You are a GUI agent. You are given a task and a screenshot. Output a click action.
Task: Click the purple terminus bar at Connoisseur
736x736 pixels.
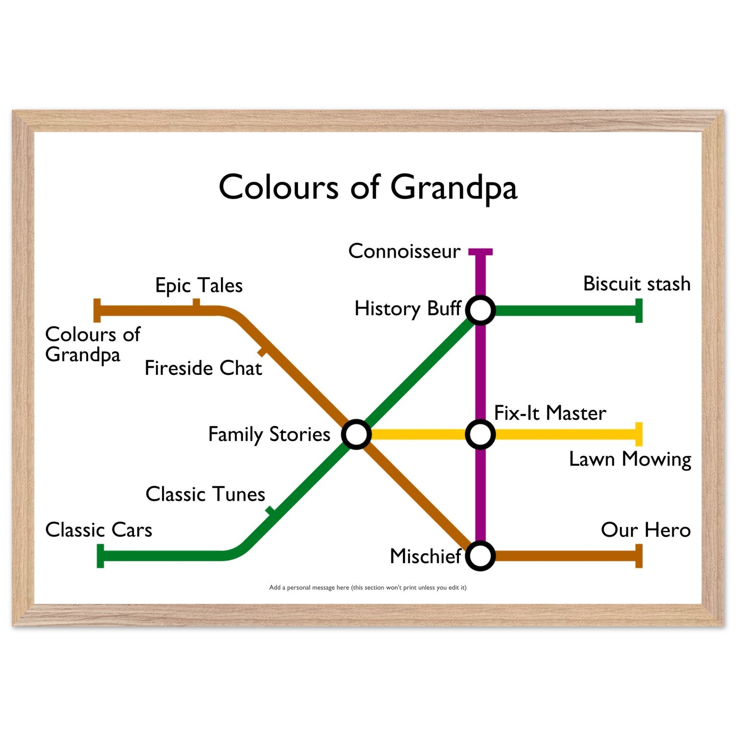(480, 252)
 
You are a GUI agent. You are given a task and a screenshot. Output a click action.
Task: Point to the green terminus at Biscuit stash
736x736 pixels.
(639, 311)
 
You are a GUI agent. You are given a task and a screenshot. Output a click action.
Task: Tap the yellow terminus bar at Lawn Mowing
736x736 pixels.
(639, 434)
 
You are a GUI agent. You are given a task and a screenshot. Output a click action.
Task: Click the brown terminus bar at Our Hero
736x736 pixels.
(639, 556)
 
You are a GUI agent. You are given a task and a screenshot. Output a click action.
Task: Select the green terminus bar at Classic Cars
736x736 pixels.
(100, 556)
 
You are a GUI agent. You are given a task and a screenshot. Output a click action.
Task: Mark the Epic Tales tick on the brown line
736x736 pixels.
(196, 303)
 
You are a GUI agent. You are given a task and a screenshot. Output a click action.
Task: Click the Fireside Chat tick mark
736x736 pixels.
(262, 352)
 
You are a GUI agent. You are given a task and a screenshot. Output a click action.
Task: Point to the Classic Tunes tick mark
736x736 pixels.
(270, 511)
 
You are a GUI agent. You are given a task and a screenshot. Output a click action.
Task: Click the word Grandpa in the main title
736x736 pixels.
(453, 188)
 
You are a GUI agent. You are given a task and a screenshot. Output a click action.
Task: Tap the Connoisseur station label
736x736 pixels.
(404, 251)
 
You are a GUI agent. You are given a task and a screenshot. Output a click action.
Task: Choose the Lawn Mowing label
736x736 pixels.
(630, 459)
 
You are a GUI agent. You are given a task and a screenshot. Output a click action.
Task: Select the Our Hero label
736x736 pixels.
(645, 530)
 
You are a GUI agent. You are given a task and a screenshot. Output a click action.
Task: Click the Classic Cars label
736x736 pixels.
(98, 530)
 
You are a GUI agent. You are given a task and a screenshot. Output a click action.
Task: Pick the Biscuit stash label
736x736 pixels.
(637, 284)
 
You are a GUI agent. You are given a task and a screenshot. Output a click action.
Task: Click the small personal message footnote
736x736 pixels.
(368, 587)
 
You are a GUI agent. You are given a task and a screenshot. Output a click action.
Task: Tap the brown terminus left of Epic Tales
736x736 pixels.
(97, 311)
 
